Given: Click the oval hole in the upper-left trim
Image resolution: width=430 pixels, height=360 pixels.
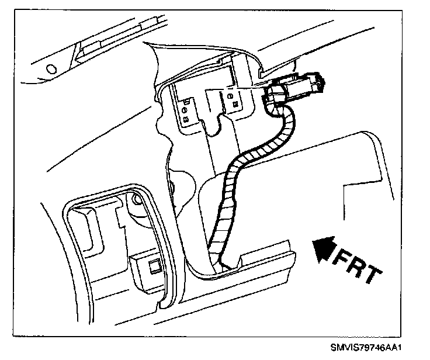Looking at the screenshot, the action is (50, 68).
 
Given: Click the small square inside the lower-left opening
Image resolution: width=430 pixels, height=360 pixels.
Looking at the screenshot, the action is (154, 268).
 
